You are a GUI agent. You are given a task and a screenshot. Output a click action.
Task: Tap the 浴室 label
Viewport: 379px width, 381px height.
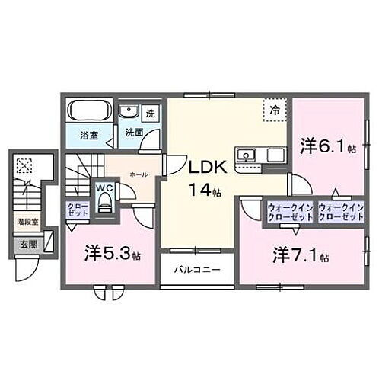[x=90, y=136]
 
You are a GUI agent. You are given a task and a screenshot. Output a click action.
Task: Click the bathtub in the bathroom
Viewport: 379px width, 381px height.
[x=90, y=112]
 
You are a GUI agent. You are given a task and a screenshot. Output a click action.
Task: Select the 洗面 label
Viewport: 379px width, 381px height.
[x=135, y=130]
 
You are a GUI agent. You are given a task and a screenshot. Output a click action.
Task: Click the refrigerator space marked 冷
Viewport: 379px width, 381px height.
[x=274, y=110]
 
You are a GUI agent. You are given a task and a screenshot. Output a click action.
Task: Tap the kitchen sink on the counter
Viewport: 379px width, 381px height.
[x=247, y=155]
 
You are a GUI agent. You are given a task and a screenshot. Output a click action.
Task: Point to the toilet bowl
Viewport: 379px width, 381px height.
[x=105, y=203]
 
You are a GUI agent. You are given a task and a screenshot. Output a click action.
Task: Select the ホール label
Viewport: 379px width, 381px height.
[x=139, y=174]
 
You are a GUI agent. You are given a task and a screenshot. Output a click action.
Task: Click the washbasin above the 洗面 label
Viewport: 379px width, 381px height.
[x=129, y=112]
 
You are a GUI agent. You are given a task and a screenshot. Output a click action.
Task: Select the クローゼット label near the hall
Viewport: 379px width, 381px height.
[x=78, y=210]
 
